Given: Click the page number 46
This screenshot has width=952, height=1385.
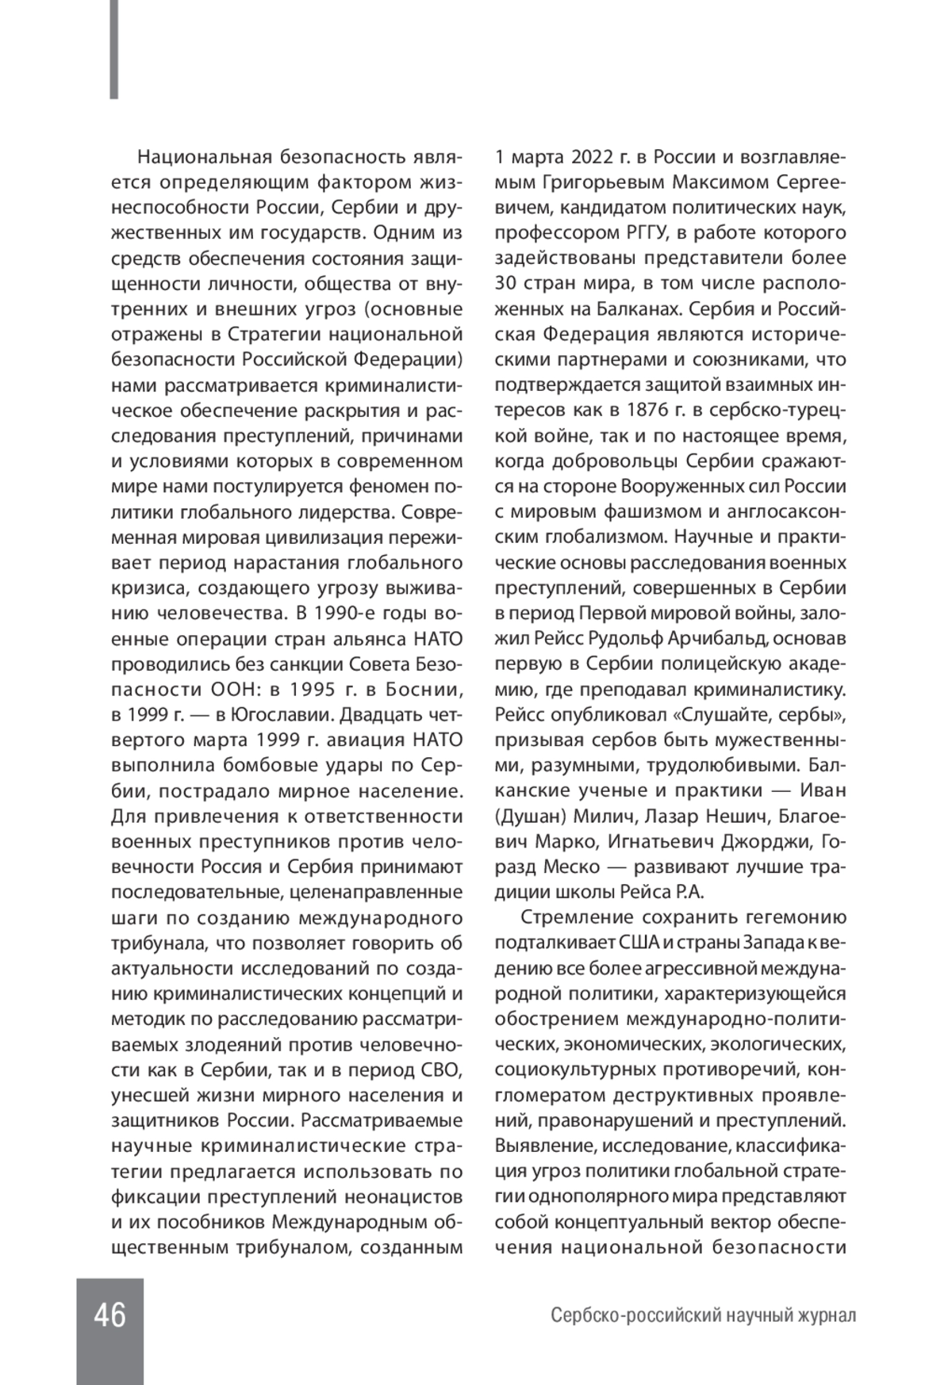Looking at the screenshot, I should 109,1316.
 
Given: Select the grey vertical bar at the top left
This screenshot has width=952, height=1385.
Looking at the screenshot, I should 114,49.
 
